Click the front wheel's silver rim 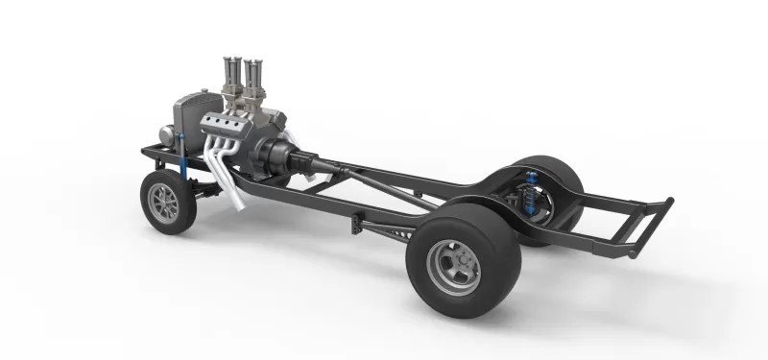(165, 204)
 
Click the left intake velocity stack (231, 72)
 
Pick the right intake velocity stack (253, 71)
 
